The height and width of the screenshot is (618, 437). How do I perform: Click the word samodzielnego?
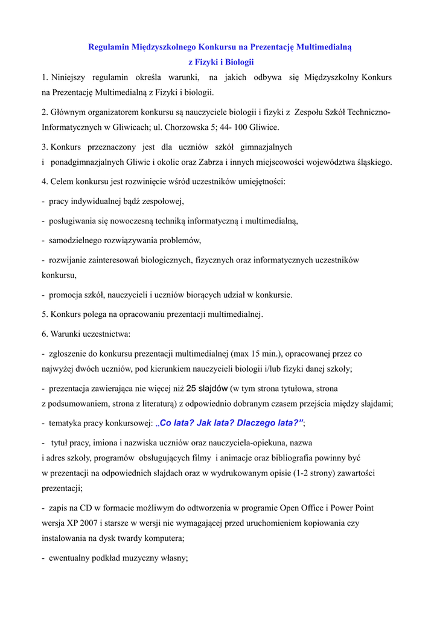pyautogui.click(x=75, y=240)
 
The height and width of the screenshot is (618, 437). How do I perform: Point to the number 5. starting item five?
pyautogui.click(x=45, y=314)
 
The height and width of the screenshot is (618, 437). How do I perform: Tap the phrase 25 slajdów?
pyautogui.click(x=207, y=388)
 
